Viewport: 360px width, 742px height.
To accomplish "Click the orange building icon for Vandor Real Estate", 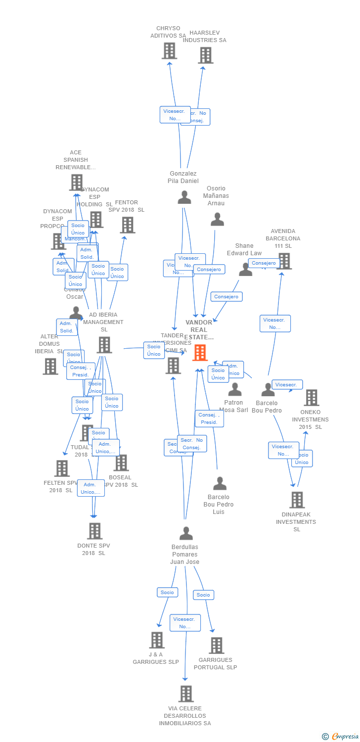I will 200,353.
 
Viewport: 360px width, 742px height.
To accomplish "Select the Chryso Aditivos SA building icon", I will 169,50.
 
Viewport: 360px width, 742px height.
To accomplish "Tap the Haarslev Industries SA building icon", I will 205,55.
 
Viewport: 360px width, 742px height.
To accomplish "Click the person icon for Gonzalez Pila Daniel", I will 184,197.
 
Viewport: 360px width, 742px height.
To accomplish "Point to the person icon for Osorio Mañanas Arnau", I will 217,219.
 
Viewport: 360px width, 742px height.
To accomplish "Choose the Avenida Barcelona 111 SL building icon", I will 284,261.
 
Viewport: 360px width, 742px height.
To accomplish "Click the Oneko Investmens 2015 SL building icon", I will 311,397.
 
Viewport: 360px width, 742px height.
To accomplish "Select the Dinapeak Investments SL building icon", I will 297,500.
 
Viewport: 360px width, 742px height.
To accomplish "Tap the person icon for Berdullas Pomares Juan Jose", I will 186,533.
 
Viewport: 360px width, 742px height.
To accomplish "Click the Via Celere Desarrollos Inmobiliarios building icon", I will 185,694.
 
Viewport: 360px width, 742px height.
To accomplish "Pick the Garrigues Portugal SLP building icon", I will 216,645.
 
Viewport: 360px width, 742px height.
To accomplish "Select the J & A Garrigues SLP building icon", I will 157,640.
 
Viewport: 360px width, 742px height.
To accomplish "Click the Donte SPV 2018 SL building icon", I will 94,531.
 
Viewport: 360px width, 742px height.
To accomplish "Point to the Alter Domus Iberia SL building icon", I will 50,366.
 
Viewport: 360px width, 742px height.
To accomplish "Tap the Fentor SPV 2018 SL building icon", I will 127,225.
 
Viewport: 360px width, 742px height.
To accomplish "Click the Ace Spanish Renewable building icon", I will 76,182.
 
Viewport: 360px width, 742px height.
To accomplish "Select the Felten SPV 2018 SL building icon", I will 62,468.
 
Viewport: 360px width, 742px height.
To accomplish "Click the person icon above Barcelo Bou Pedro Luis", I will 220,483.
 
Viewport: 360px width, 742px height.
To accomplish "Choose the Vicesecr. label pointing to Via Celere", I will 185,623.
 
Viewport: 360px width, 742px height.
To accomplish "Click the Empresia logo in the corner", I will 341,737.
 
